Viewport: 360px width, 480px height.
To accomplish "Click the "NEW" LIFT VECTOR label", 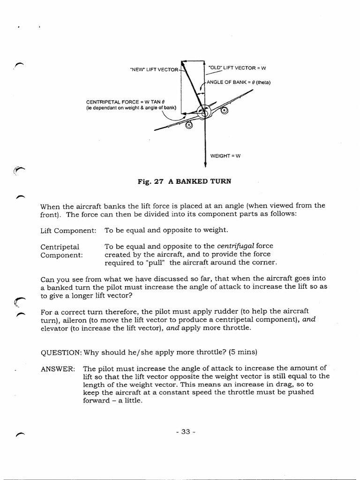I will point(154,70).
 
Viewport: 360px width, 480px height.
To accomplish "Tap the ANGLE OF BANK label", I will point(239,82).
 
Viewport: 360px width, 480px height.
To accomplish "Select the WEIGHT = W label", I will point(225,156).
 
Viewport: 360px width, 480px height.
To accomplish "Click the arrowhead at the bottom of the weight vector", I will point(205,164).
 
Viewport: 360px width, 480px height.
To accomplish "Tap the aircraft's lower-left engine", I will point(189,125).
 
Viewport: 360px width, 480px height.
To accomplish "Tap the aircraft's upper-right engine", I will point(224,111).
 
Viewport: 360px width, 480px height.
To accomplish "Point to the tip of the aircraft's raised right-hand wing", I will point(259,90).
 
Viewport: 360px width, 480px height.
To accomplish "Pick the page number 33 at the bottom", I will point(185,432).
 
